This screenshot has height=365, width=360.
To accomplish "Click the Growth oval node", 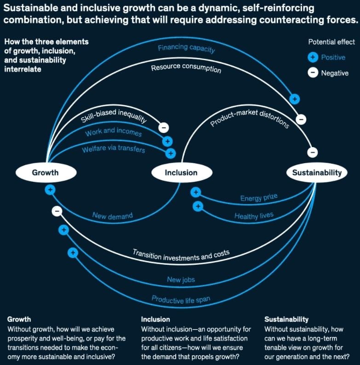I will (x=45, y=172).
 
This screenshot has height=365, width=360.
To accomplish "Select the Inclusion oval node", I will (x=181, y=172).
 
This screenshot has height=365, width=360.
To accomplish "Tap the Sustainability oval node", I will (x=317, y=172).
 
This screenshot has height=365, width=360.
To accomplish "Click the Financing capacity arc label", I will (x=186, y=48).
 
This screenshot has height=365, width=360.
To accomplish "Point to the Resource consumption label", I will (x=186, y=68).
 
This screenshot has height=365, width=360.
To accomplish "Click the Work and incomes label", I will (x=113, y=133).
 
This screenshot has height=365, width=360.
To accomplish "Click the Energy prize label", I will (x=259, y=198).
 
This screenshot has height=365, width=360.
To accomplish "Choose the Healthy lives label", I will (x=254, y=215).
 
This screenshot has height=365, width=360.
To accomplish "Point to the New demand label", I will (x=112, y=215).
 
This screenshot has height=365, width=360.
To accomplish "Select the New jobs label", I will (x=181, y=279).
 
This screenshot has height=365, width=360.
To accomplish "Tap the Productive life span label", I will (x=181, y=299).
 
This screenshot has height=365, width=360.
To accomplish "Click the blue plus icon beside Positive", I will (x=313, y=57).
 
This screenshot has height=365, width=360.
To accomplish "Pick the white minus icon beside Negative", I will (x=313, y=73).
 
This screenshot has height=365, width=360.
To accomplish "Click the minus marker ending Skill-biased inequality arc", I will (x=164, y=128).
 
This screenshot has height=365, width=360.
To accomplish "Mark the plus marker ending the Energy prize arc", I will (x=196, y=192).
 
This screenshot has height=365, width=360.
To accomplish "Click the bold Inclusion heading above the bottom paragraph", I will (x=155, y=319).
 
